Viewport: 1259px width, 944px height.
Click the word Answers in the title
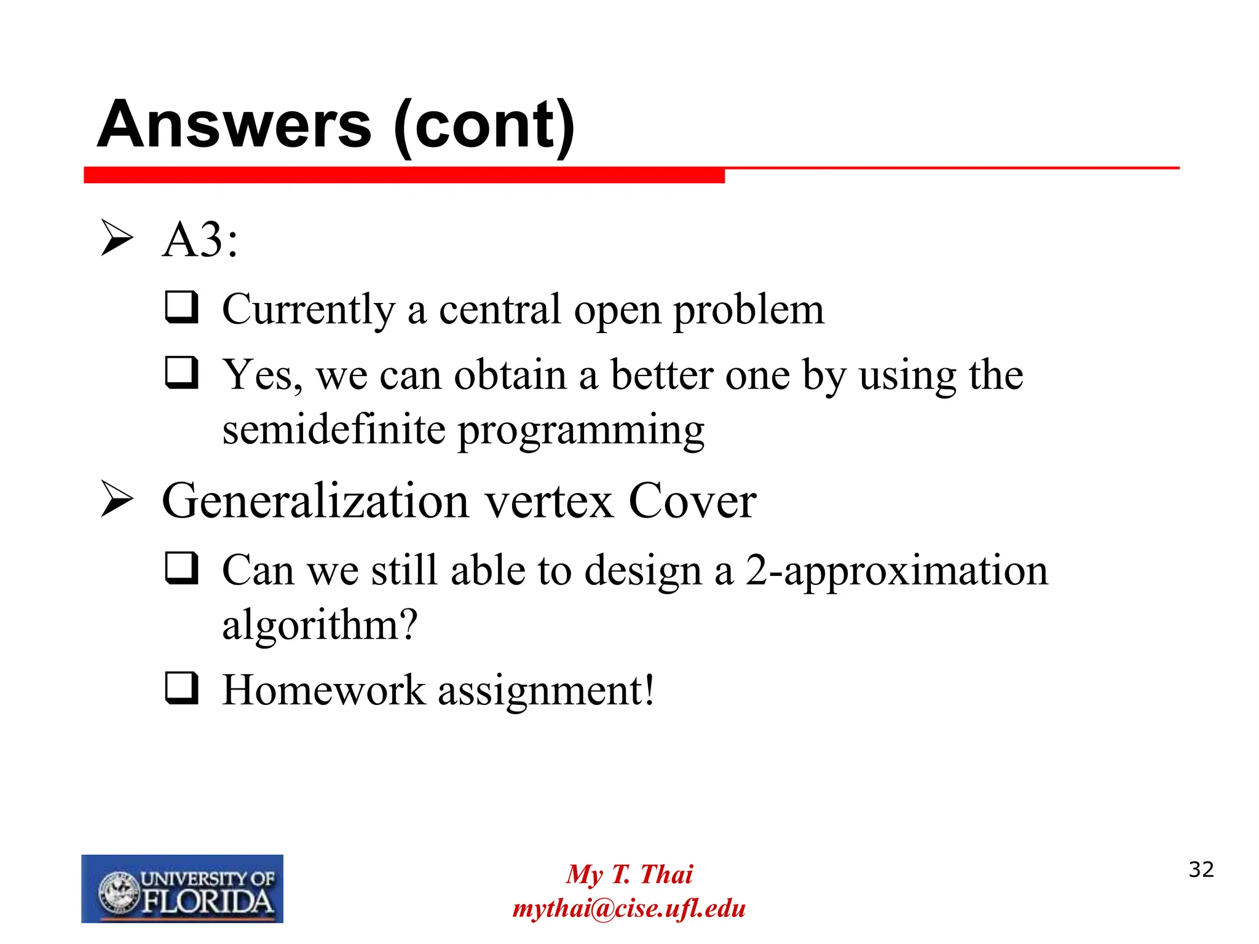tap(234, 125)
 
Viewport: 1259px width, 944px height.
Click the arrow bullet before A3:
tap(117, 238)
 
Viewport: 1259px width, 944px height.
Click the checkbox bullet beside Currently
tap(182, 307)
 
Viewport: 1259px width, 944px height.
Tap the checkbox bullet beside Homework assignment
tap(182, 688)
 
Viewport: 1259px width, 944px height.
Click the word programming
tap(581, 431)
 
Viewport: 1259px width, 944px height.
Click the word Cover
tap(692, 501)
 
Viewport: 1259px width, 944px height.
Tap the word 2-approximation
tap(896, 572)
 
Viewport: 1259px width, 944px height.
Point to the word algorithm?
tap(320, 626)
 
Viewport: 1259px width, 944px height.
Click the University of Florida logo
tap(182, 888)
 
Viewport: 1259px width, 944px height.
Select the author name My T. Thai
tap(629, 874)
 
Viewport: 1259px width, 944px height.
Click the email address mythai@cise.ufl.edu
tap(629, 908)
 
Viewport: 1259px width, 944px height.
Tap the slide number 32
tap(1201, 870)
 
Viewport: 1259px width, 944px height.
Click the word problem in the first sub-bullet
tap(749, 310)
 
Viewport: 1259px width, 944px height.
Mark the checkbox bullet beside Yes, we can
tap(182, 372)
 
